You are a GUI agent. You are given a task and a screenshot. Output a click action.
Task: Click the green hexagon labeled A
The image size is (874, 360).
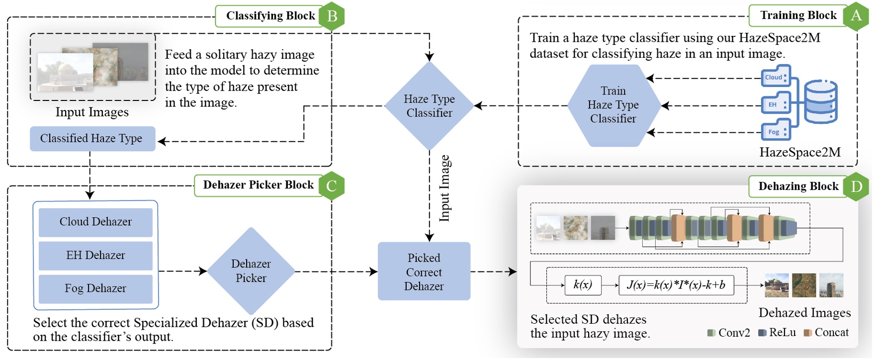pyautogui.click(x=856, y=16)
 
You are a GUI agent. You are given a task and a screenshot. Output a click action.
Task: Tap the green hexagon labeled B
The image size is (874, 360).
pyautogui.click(x=332, y=16)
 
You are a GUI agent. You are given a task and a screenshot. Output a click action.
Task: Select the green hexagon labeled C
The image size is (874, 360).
pyautogui.click(x=332, y=186)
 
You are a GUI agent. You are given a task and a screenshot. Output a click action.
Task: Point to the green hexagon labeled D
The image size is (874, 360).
pyautogui.click(x=856, y=186)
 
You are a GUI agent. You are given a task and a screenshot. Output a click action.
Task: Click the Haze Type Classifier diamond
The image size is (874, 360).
pyautogui.click(x=429, y=106)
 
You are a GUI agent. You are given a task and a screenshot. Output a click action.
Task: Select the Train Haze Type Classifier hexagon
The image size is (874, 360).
pyautogui.click(x=613, y=105)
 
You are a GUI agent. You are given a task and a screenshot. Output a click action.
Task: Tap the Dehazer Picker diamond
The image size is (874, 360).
pyautogui.click(x=251, y=271)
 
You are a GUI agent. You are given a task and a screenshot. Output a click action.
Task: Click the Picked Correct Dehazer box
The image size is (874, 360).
pyautogui.click(x=424, y=271)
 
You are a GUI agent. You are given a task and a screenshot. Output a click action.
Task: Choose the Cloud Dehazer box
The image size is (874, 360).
pyautogui.click(x=95, y=222)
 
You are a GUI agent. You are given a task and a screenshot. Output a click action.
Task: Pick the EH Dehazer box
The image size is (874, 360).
pyautogui.click(x=95, y=256)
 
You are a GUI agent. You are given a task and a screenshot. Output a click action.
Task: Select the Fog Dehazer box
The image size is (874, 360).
pyautogui.click(x=95, y=289)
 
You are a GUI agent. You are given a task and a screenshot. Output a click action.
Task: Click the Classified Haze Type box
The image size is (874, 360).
pyautogui.click(x=92, y=138)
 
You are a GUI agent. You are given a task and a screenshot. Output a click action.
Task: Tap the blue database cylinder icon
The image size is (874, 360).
pyautogui.click(x=821, y=101)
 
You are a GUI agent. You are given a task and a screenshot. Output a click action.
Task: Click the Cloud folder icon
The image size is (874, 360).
pyautogui.click(x=776, y=76)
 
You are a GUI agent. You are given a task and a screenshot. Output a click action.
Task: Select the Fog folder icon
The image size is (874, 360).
pyautogui.click(x=776, y=130)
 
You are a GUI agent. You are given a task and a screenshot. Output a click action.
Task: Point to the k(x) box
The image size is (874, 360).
pyautogui.click(x=583, y=285)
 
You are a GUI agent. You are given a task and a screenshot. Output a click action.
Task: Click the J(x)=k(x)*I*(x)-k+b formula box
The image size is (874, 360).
pyautogui.click(x=676, y=285)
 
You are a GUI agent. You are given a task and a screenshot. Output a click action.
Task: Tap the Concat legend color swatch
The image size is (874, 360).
pyautogui.click(x=808, y=333)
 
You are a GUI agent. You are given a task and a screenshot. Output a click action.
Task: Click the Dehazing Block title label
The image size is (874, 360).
pyautogui.click(x=798, y=186)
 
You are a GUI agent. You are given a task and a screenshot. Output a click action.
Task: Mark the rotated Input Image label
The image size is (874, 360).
pyautogui.click(x=445, y=188)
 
